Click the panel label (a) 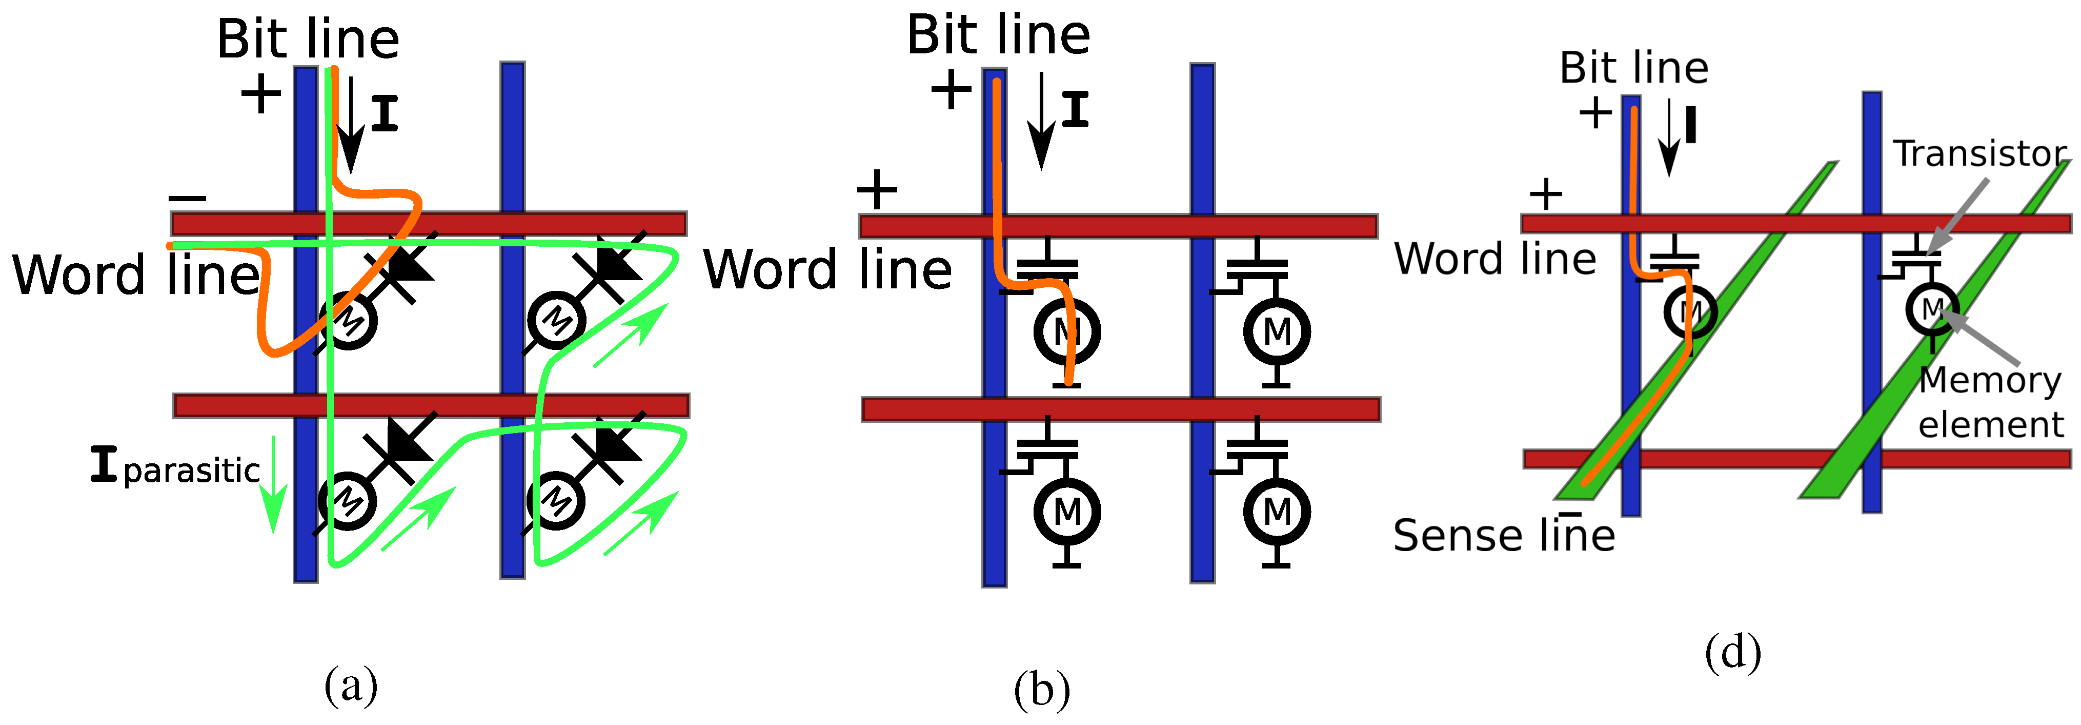[351, 685]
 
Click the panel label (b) [1042, 690]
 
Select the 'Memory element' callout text [1990, 402]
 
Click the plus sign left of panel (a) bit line [261, 94]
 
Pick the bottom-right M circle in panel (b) [1277, 511]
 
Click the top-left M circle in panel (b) [1067, 330]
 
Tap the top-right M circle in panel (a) [556, 320]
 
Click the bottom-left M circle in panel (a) [348, 501]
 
